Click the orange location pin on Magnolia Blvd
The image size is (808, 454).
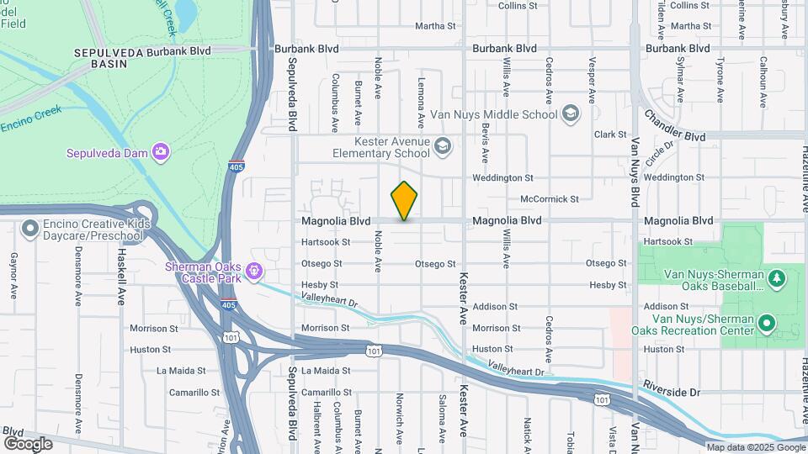tap(404, 200)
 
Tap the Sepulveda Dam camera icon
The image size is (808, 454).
tap(161, 152)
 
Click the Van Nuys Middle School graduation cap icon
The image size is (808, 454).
tap(570, 113)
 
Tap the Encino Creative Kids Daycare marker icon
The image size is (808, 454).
tap(30, 228)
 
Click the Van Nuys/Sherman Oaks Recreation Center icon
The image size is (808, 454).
tap(766, 322)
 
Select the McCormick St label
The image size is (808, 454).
tap(550, 199)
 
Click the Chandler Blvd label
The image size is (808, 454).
tap(674, 125)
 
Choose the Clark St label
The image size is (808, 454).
tap(611, 135)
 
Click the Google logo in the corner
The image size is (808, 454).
tap(28, 443)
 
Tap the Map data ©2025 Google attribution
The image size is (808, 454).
tap(755, 447)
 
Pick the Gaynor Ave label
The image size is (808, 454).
tap(14, 276)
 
